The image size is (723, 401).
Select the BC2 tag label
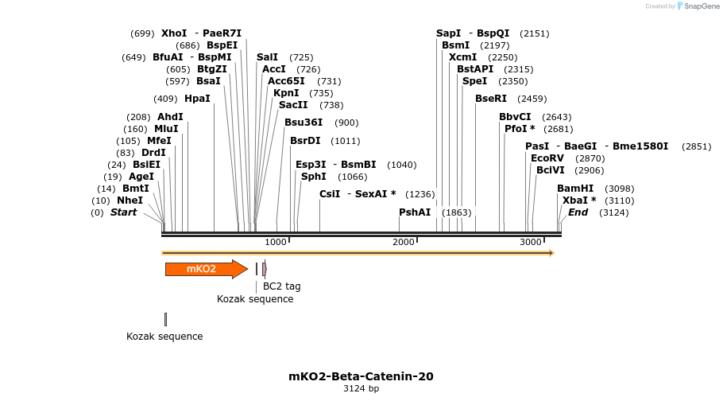point(281,286)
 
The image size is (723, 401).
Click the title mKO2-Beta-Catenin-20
point(361,376)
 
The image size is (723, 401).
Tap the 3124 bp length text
point(361,389)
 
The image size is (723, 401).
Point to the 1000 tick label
point(276,242)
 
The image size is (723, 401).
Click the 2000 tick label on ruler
point(404,242)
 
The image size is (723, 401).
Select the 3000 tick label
point(531,242)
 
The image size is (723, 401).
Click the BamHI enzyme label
point(575,189)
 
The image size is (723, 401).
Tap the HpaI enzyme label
point(197,99)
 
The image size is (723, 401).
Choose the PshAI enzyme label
point(415,212)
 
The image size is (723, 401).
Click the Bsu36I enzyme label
point(304,123)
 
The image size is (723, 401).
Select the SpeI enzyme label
point(474,81)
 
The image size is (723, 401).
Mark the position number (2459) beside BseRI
point(532,99)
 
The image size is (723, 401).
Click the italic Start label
point(123,212)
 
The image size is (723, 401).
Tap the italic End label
point(578,212)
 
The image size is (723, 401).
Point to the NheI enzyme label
point(130,200)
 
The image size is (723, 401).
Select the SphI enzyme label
point(314,177)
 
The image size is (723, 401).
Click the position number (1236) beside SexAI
point(420,194)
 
